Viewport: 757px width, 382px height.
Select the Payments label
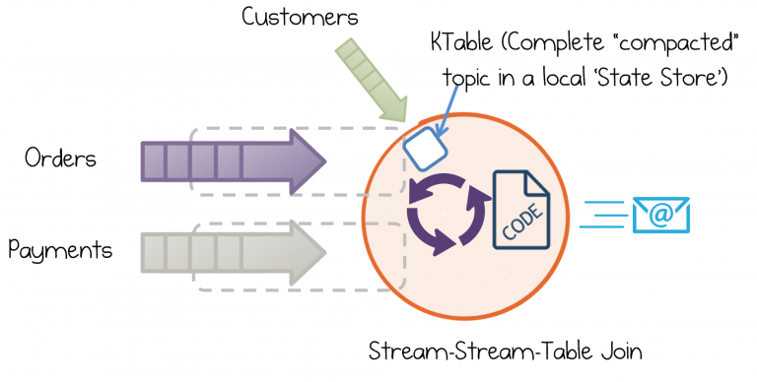click(60, 250)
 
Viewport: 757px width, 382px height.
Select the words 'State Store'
click(666, 80)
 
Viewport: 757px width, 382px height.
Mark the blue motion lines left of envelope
click(603, 214)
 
